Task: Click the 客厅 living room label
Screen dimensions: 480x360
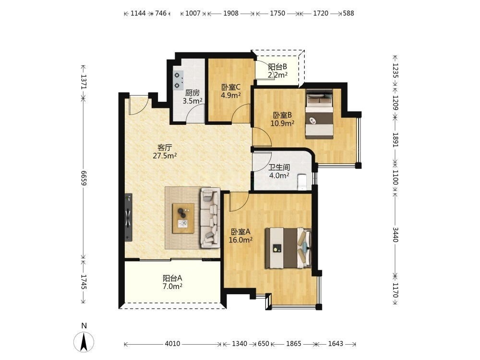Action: (165, 147)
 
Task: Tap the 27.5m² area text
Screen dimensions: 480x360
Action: (165, 156)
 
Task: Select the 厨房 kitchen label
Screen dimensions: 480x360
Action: (192, 93)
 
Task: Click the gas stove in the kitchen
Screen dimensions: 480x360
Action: (179, 80)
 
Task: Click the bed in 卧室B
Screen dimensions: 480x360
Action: (319, 114)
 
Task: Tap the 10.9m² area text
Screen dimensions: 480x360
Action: (282, 123)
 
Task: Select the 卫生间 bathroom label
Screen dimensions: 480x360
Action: (279, 168)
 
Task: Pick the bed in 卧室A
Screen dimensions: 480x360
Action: (288, 248)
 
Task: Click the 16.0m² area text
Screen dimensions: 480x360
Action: (240, 240)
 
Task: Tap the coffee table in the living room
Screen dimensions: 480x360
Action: (183, 218)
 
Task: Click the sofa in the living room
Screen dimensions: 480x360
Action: (210, 217)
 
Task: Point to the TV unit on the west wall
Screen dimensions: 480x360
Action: (128, 217)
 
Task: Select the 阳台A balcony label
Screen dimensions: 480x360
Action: (172, 278)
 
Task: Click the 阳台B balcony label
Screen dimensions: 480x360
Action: (277, 67)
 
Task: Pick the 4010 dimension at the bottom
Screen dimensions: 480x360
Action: (172, 344)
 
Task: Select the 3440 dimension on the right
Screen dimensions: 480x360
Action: (395, 235)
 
